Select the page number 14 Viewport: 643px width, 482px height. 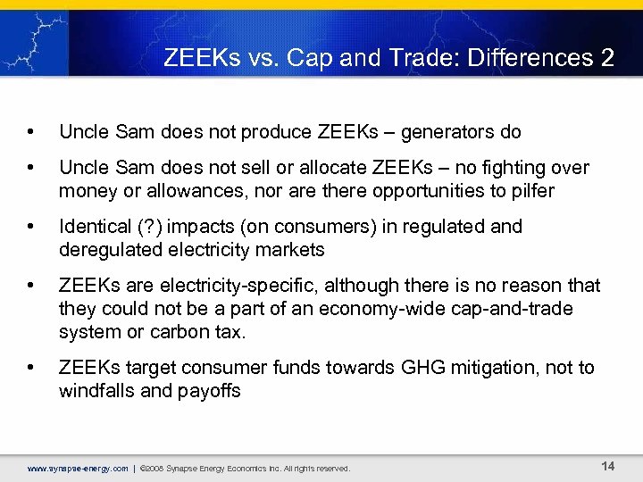pyautogui.click(x=608, y=466)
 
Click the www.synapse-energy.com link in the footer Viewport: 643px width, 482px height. pyautogui.click(x=78, y=468)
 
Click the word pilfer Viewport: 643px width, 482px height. pyautogui.click(x=532, y=190)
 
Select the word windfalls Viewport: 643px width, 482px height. pyautogui.click(x=97, y=390)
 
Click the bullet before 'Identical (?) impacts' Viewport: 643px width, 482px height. pyautogui.click(x=32, y=228)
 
